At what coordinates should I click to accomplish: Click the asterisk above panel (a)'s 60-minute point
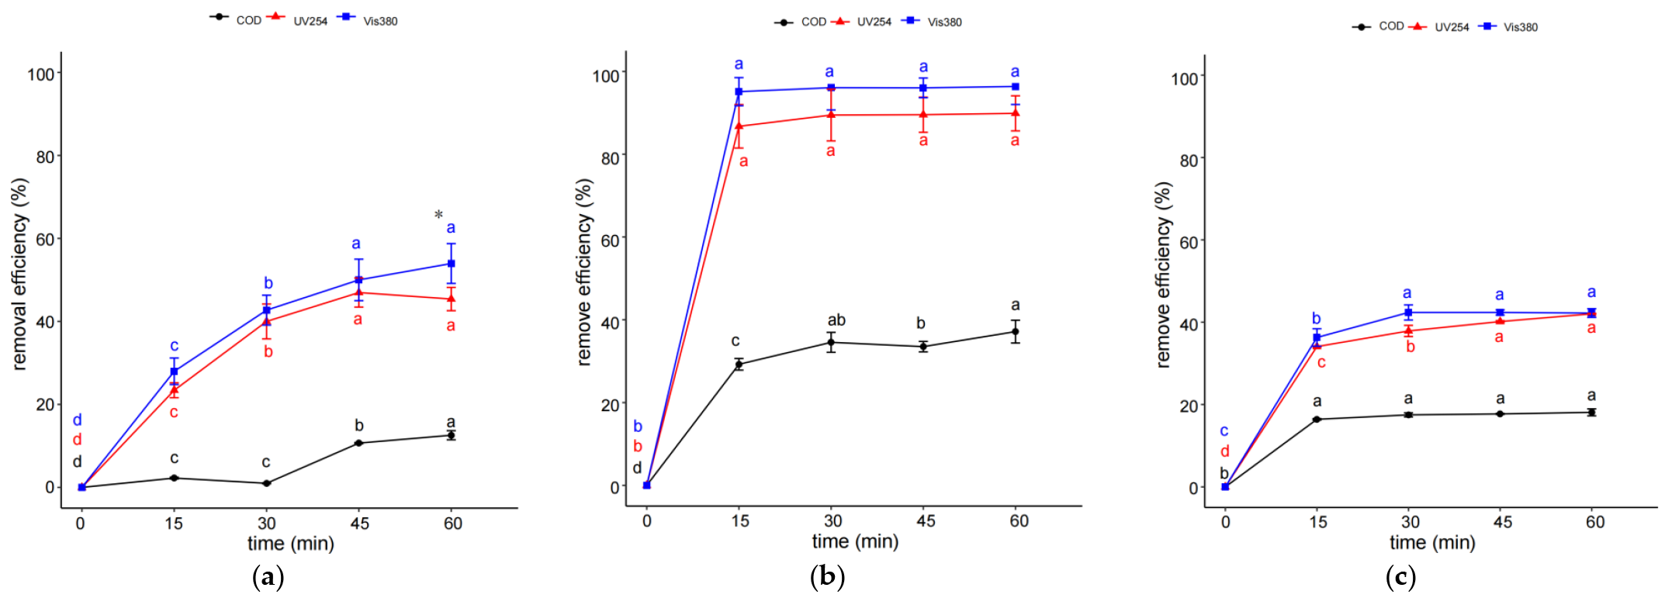pyautogui.click(x=439, y=215)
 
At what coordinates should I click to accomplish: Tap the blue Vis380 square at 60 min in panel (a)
pyautogui.click(x=451, y=264)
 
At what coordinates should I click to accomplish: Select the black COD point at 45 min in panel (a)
pyautogui.click(x=358, y=443)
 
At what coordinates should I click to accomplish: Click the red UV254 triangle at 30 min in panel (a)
pyautogui.click(x=267, y=321)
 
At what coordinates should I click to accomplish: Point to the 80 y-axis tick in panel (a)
pyautogui.click(x=44, y=157)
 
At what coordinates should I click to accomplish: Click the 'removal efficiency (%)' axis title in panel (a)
pyautogui.click(x=19, y=274)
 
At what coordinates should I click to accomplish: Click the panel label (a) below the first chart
pyautogui.click(x=268, y=577)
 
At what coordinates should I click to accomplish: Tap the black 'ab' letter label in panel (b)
pyautogui.click(x=836, y=320)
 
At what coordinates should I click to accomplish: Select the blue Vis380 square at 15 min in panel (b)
pyautogui.click(x=739, y=92)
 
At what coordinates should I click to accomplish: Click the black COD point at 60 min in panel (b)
pyautogui.click(x=1015, y=332)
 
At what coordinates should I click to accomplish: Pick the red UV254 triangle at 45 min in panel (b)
pyautogui.click(x=923, y=115)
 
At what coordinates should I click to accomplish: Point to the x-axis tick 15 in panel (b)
pyautogui.click(x=740, y=521)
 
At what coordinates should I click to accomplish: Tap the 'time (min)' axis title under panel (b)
pyautogui.click(x=855, y=541)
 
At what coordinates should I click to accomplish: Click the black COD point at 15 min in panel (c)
pyautogui.click(x=1317, y=420)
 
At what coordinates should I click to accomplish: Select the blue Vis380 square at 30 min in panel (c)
pyautogui.click(x=1408, y=313)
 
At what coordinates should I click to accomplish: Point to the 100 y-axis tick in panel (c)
pyautogui.click(x=1185, y=79)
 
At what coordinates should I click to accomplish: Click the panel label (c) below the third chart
pyautogui.click(x=1400, y=577)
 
